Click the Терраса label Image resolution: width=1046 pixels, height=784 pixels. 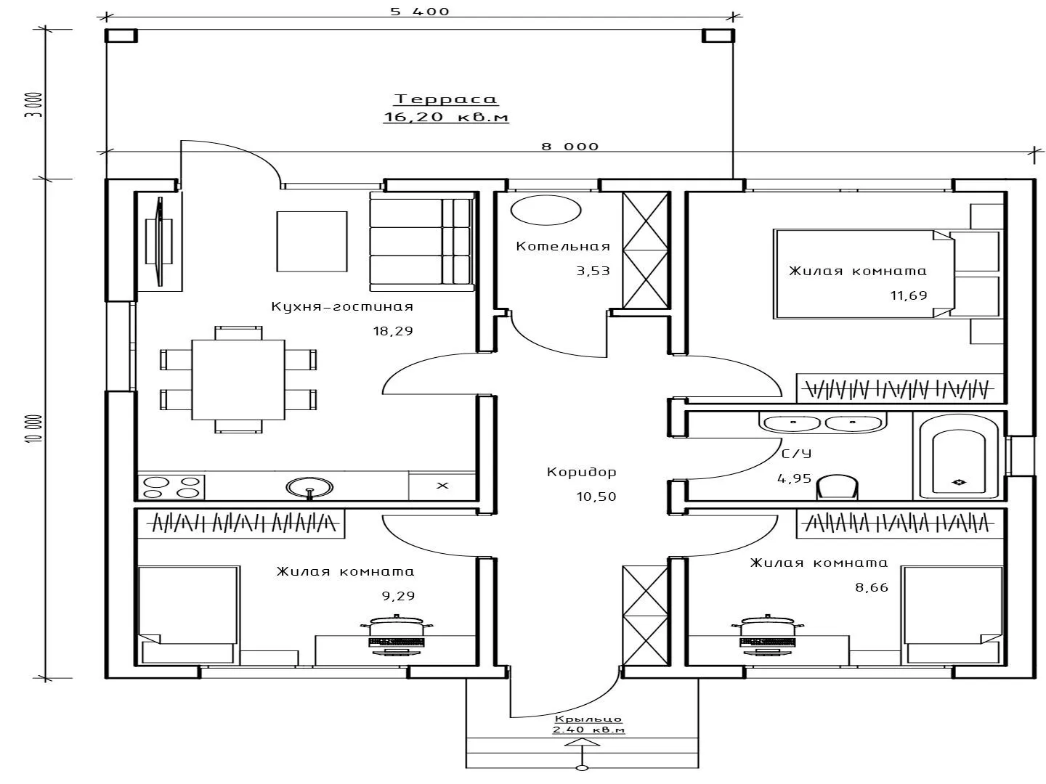[x=445, y=99]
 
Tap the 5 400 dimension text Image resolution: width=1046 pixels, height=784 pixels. [x=419, y=12]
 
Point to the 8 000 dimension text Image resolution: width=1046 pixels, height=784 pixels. [x=569, y=146]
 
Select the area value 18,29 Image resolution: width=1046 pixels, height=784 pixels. [x=393, y=331]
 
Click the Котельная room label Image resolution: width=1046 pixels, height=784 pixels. [x=563, y=246]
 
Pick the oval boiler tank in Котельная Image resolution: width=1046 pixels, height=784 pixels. [x=546, y=210]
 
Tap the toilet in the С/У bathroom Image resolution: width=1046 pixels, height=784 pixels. [x=838, y=487]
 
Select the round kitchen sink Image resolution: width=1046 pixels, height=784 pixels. [x=309, y=487]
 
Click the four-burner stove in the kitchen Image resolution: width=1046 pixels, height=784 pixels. [x=171, y=487]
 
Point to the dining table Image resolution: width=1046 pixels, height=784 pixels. [x=238, y=380]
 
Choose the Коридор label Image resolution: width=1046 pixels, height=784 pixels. [x=581, y=472]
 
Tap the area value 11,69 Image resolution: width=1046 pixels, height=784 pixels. [x=909, y=295]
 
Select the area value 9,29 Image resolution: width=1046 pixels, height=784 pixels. [x=398, y=595]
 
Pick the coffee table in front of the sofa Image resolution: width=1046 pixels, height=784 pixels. [x=312, y=241]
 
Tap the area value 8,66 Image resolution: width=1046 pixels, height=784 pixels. [x=872, y=587]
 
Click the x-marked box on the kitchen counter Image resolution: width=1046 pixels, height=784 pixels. [x=442, y=486]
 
